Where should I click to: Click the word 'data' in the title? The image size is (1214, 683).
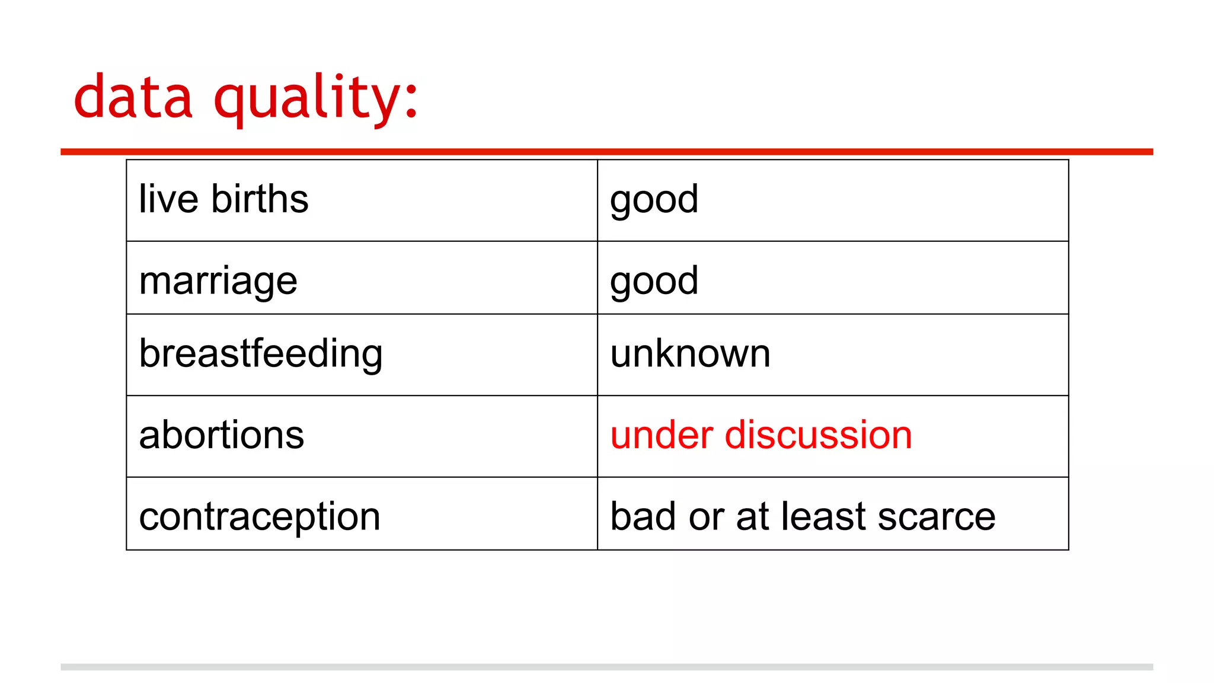click(133, 97)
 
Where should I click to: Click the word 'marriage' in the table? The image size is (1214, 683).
click(218, 281)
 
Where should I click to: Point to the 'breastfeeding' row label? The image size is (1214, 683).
click(261, 354)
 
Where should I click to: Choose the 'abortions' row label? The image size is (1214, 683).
click(221, 435)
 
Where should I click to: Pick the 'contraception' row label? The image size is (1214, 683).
click(260, 516)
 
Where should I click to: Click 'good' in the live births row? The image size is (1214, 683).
click(654, 200)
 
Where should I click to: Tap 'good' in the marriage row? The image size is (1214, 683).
click(654, 281)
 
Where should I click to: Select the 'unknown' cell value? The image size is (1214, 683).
click(690, 354)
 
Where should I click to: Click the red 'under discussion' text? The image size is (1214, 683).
click(761, 435)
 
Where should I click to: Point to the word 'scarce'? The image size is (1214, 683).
click(936, 516)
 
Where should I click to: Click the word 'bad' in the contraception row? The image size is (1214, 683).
click(643, 516)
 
